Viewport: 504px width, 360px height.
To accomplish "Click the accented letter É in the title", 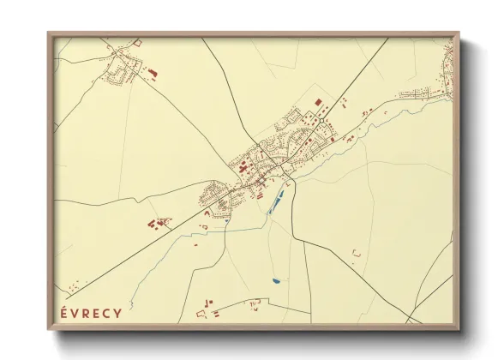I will [64, 312].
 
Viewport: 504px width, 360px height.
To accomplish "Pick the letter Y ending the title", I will [117, 312].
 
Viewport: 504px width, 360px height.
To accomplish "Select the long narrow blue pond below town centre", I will [276, 203].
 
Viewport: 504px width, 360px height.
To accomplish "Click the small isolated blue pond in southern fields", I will [274, 280].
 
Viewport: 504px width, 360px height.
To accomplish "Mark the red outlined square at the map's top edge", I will [137, 42].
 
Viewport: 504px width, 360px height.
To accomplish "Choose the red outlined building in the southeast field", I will [356, 252].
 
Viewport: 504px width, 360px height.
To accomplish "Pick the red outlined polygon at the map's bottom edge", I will [253, 303].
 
